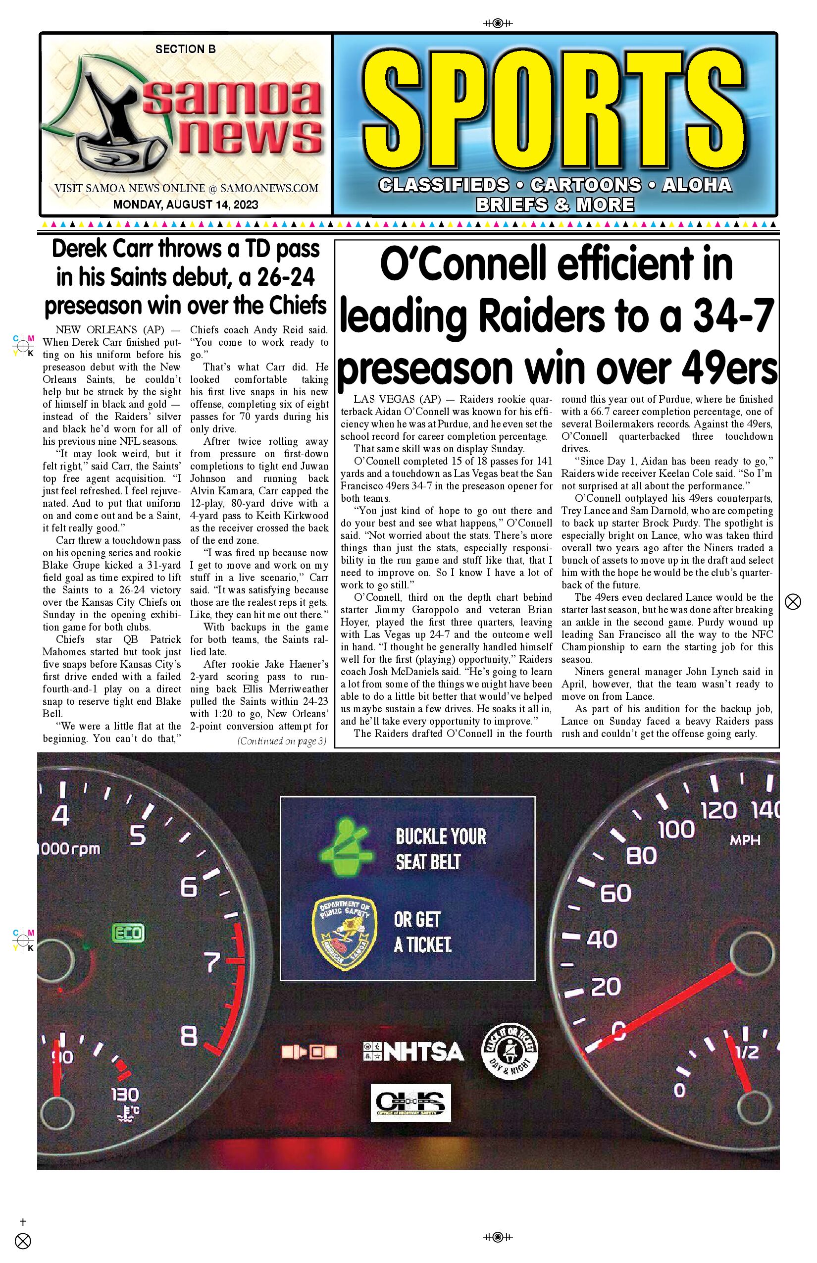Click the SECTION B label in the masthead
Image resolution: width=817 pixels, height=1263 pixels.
(x=185, y=50)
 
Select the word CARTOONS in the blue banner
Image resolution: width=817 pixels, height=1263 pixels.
(x=586, y=185)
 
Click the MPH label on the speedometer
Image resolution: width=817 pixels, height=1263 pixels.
(x=745, y=841)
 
